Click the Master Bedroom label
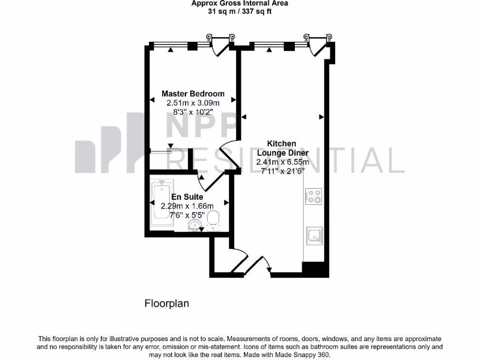(193, 94)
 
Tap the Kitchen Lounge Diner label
(281, 148)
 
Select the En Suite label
(187, 197)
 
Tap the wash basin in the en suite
(193, 226)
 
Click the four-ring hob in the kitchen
(313, 196)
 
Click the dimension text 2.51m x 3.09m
(193, 103)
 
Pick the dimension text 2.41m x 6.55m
(282, 162)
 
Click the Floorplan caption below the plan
(166, 303)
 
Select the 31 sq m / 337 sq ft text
(240, 11)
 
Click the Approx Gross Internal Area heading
(240, 3)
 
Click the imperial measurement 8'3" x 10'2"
(193, 112)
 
